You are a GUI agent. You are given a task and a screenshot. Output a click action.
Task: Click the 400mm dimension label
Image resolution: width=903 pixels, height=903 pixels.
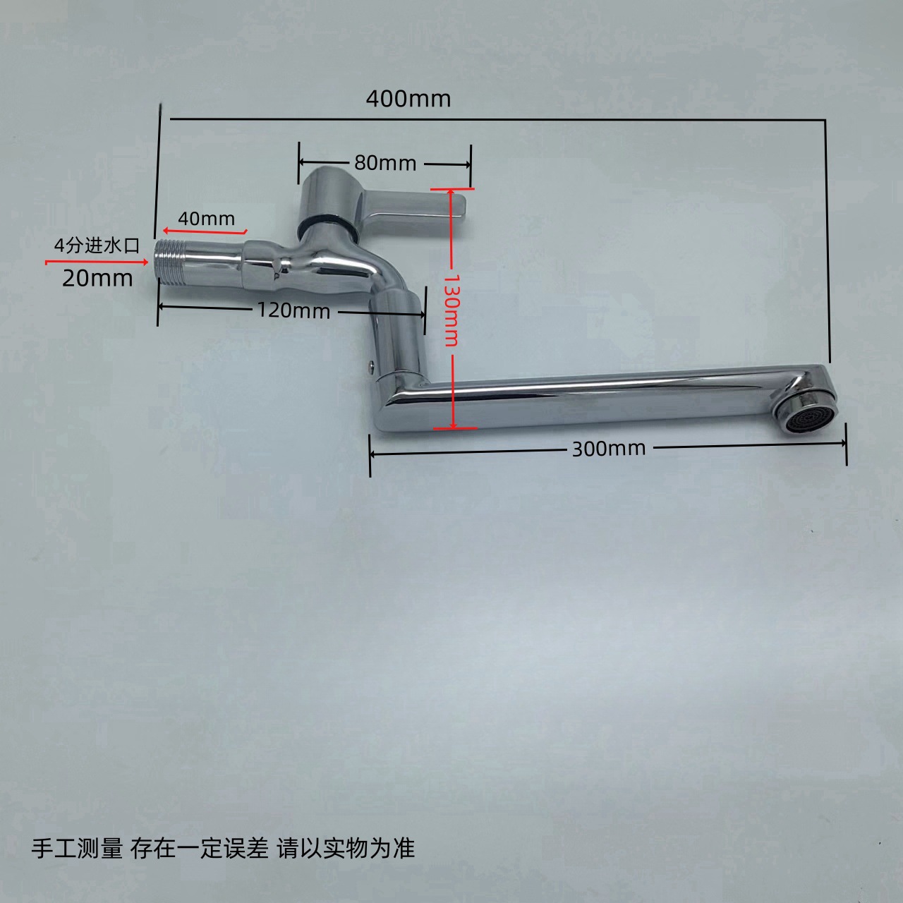point(408,99)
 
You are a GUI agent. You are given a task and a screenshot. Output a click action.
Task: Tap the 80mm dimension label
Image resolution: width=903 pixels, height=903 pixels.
point(384,163)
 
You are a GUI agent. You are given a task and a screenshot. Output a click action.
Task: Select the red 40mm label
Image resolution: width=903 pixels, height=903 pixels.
point(206,218)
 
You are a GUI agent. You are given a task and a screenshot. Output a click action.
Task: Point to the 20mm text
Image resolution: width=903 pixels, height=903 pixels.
point(97,278)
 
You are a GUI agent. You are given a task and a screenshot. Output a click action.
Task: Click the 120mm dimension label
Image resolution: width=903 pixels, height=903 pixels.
point(293,310)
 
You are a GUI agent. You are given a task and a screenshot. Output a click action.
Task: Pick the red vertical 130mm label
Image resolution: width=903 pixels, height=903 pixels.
point(451,310)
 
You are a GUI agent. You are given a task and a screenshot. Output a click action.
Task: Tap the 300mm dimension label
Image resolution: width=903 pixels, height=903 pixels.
point(608,449)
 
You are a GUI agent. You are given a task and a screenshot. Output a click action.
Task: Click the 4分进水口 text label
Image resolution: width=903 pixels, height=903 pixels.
point(97,246)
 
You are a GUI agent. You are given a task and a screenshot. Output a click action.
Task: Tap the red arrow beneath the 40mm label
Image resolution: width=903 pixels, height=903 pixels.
point(205,231)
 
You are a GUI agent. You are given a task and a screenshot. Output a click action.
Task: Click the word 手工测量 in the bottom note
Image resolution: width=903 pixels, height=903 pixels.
point(77,848)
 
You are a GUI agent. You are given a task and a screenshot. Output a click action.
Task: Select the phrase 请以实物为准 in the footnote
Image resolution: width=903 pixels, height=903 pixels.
point(346,848)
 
